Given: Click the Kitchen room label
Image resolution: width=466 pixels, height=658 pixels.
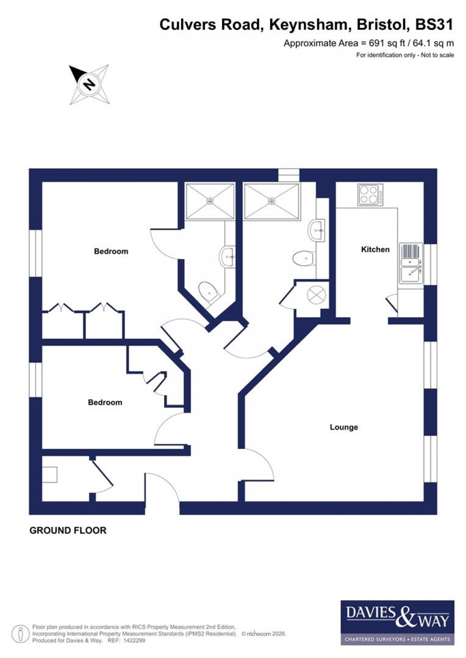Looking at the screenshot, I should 375,249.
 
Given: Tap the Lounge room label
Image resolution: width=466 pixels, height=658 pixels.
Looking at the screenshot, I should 344,427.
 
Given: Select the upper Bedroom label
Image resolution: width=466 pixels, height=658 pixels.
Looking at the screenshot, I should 111,251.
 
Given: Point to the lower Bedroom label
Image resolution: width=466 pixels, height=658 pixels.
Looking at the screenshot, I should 105,402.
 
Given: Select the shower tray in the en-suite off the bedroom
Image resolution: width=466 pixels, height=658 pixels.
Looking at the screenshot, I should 210,201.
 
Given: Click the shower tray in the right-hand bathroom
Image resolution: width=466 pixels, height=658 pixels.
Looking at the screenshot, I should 272,201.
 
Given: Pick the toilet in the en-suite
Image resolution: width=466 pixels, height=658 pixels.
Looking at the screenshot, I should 208,291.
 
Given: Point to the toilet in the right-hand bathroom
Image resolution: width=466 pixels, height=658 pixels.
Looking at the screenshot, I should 303,259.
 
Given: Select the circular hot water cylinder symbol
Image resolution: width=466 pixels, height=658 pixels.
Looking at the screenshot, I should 316,295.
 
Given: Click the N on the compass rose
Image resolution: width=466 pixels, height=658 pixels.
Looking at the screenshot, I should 89,85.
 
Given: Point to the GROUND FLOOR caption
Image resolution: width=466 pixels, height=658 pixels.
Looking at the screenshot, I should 68,530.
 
